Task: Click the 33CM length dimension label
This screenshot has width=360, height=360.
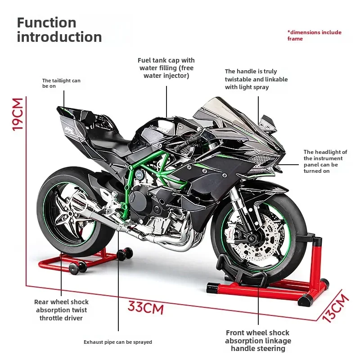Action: pyautogui.click(x=146, y=308)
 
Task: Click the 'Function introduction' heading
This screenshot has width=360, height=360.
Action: pyautogui.click(x=59, y=30)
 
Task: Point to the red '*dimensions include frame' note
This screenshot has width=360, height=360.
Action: pyautogui.click(x=314, y=36)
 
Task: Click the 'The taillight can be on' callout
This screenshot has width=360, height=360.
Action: pyautogui.click(x=61, y=83)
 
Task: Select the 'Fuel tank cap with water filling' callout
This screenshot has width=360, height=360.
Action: pyautogui.click(x=166, y=67)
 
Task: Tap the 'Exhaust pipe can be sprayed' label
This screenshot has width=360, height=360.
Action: pyautogui.click(x=118, y=342)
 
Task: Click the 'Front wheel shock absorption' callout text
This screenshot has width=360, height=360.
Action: pyautogui.click(x=258, y=341)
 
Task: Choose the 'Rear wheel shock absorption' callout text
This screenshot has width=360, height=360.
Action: pyautogui.click(x=61, y=310)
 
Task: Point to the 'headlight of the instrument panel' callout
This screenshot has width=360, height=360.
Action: pyautogui.click(x=325, y=162)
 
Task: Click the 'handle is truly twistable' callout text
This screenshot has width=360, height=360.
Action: pyautogui.click(x=256, y=79)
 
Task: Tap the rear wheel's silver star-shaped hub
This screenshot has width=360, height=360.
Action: pyautogui.click(x=70, y=213)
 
